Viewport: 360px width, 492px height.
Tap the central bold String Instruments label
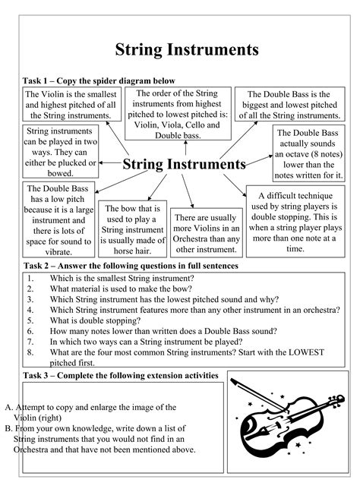pyautogui.click(x=185, y=164)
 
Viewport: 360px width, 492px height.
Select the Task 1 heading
pyautogui.click(x=99, y=80)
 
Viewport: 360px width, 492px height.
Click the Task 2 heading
pyautogui.click(x=131, y=266)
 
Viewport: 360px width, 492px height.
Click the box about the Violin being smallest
pyautogui.click(x=71, y=104)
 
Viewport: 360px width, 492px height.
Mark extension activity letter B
pyautogui.click(x=8, y=427)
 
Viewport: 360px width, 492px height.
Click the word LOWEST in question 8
pyautogui.click(x=308, y=352)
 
